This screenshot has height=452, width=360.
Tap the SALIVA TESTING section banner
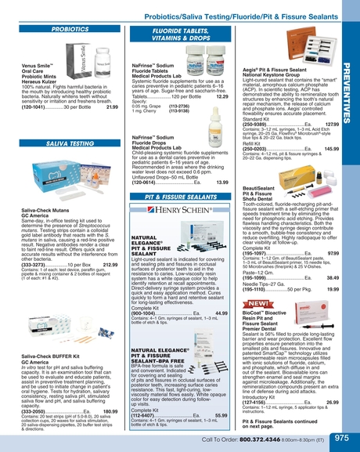(70, 144)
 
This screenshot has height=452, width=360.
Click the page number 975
(341, 439)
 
